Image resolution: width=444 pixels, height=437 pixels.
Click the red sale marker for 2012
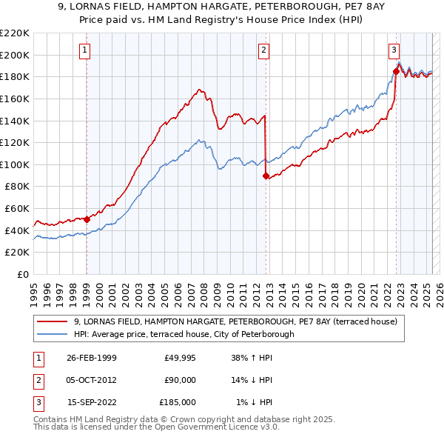click(266, 176)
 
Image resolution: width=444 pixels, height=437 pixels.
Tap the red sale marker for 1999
click(87, 219)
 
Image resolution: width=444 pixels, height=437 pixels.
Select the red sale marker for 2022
click(396, 71)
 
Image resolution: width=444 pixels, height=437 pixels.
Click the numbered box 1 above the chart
click(86, 50)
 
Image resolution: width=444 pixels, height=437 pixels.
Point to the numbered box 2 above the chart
click(264, 50)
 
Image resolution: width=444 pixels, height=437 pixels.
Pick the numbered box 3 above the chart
click(394, 50)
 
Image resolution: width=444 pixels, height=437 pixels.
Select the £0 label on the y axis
click(24, 274)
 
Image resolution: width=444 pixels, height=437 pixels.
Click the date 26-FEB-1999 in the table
click(91, 358)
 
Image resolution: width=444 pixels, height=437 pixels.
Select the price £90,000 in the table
click(180, 380)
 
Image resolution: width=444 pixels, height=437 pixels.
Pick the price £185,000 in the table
click(178, 402)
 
